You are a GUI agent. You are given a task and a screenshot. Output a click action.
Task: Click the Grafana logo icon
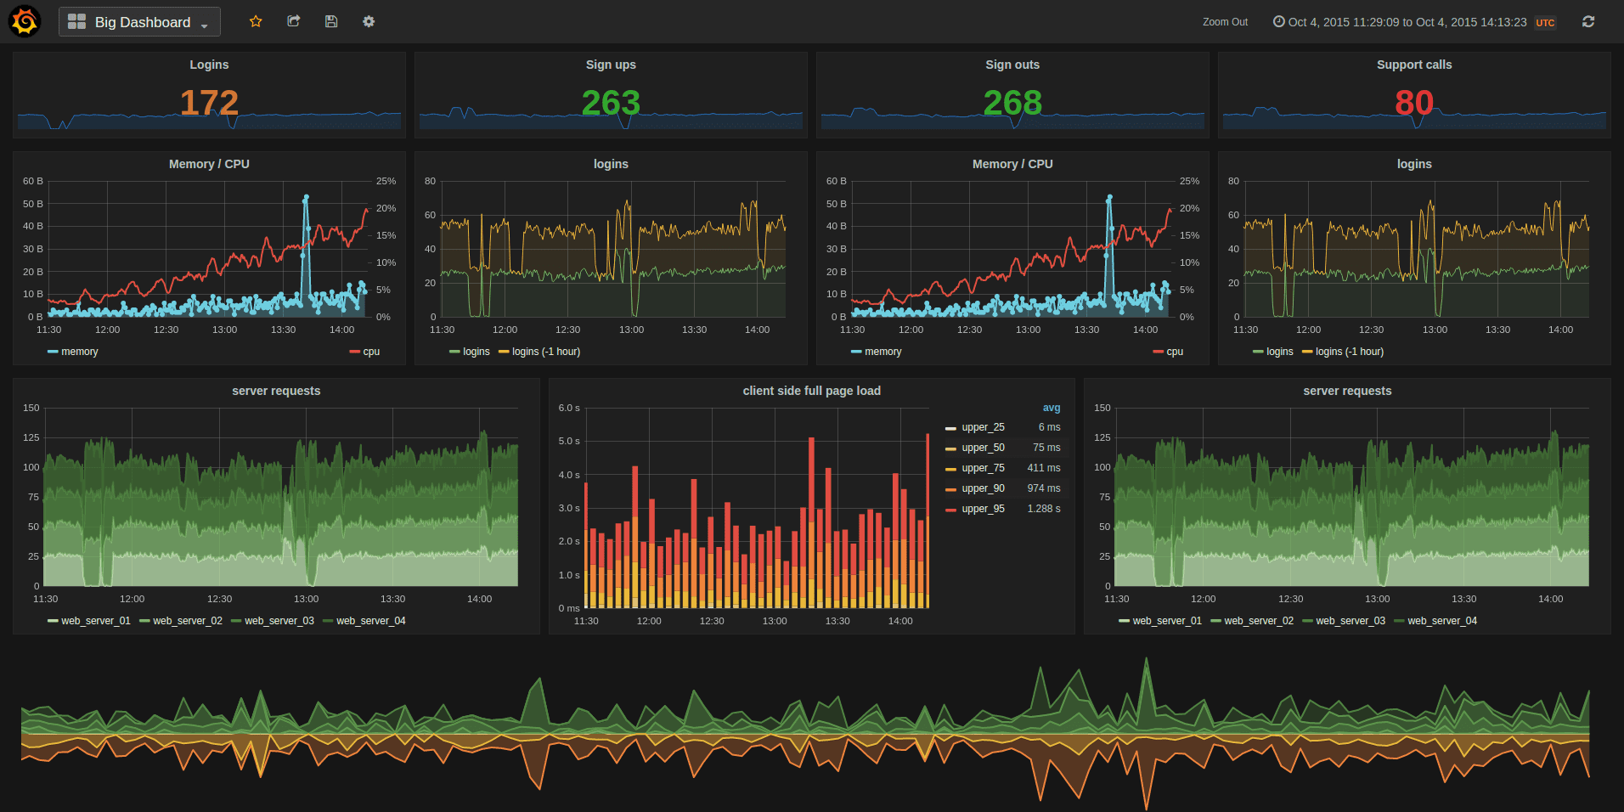[x=25, y=21]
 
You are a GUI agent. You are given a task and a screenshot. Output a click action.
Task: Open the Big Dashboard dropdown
[x=139, y=22]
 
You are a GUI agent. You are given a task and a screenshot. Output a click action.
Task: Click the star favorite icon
[x=256, y=21]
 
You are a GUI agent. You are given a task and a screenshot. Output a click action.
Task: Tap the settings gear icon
[x=369, y=21]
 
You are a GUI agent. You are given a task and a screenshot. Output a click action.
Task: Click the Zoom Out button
[x=1225, y=22]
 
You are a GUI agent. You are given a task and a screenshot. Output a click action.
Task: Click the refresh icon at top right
[x=1588, y=21]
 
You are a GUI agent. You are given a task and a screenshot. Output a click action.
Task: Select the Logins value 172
[x=209, y=103]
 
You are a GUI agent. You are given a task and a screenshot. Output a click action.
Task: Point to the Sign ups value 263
[x=611, y=103]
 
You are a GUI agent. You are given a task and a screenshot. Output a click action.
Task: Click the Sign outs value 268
[x=1012, y=103]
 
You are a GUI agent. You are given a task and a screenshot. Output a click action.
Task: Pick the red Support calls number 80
[x=1414, y=103]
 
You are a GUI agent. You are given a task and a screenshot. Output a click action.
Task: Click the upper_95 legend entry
[x=983, y=509]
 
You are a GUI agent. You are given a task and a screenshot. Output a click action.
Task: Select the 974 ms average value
[x=1043, y=488]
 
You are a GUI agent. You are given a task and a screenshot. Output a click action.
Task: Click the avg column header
[x=1052, y=408]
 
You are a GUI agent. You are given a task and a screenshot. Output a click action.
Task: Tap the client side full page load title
[x=811, y=391]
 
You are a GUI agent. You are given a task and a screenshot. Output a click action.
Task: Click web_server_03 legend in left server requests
[x=279, y=621]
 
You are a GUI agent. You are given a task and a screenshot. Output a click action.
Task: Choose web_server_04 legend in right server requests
[x=1441, y=621]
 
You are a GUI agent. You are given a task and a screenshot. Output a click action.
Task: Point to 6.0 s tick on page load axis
[x=569, y=408]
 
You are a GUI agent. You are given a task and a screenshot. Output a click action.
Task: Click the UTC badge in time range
[x=1545, y=23]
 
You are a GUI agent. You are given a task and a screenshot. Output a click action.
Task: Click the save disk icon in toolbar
[x=331, y=21]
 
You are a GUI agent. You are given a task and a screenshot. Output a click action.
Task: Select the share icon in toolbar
[x=294, y=21]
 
